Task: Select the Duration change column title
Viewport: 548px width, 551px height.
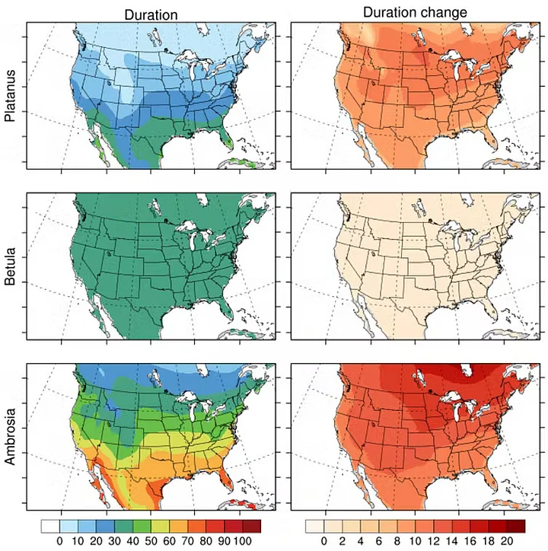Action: [415, 13]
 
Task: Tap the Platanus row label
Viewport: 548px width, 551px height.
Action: [10, 99]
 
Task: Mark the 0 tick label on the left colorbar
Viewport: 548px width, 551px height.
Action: [59, 540]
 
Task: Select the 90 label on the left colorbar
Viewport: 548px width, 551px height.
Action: [224, 540]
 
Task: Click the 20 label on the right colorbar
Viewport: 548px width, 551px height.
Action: [508, 540]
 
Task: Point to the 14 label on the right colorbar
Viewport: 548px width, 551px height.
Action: [452, 540]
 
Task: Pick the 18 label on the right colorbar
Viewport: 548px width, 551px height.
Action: [489, 540]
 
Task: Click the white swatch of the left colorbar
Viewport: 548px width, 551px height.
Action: [49, 526]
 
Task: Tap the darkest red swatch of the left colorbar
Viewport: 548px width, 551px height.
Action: [251, 526]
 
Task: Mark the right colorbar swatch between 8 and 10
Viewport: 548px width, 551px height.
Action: [406, 526]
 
